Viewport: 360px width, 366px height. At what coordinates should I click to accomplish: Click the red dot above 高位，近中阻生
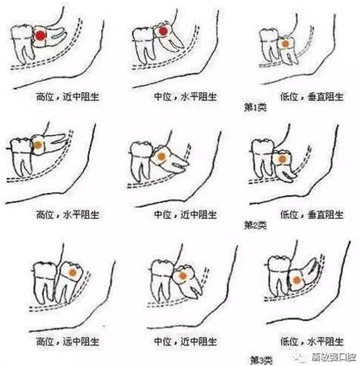40,35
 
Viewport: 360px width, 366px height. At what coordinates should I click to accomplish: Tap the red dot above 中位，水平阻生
163,31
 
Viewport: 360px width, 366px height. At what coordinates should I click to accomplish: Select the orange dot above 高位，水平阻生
38,145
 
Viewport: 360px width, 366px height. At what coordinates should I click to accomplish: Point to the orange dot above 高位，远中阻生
73,272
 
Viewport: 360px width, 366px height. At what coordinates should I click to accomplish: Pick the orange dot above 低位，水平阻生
296,280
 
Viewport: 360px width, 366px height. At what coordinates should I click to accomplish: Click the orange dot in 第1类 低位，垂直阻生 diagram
285,44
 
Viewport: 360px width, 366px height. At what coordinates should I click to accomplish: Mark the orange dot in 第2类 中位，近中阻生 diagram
161,157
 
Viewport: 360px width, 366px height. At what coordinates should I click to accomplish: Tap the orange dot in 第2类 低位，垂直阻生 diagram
282,159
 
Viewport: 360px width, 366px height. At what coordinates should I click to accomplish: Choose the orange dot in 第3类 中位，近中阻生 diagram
183,276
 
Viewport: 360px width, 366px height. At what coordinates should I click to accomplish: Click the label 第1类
255,108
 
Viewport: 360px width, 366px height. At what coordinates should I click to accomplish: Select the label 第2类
255,225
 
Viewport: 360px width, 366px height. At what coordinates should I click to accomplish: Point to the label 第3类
262,360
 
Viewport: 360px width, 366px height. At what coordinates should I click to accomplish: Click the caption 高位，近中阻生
67,96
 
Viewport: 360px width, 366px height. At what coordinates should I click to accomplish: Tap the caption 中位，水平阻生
185,96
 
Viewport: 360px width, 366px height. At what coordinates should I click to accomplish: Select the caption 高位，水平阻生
67,214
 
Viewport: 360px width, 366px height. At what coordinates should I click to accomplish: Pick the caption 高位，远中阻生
67,342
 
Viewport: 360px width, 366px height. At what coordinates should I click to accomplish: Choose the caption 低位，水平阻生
312,342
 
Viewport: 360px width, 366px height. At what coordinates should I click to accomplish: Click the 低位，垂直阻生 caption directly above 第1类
312,96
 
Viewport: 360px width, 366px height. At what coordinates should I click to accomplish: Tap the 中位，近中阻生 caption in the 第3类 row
185,342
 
